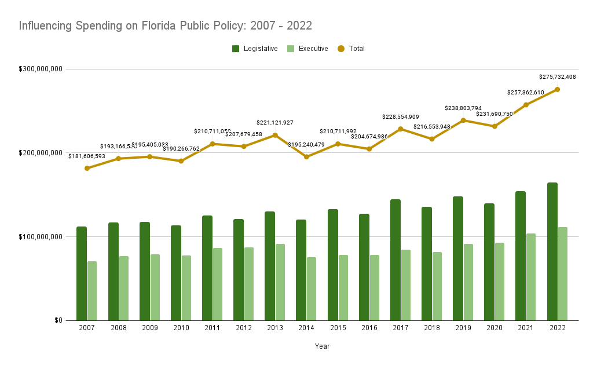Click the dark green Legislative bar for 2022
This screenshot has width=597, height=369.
tap(552, 251)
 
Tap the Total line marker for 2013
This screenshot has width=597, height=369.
tap(275, 135)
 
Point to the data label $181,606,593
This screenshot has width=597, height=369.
tap(87, 156)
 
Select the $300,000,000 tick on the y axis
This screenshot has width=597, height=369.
tap(41, 69)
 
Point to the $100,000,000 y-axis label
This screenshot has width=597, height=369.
tap(41, 236)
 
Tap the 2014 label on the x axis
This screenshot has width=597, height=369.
tap(306, 328)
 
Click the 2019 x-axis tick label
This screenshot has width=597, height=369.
tap(463, 328)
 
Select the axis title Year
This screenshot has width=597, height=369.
tap(322, 346)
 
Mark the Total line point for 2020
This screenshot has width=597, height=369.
tap(495, 126)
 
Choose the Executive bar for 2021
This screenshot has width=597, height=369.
tap(531, 277)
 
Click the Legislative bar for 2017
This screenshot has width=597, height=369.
tap(395, 260)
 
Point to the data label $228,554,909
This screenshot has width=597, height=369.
tap(400, 117)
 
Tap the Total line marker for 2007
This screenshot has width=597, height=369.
tap(87, 168)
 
